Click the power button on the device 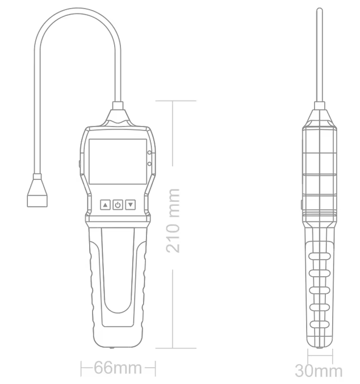[x=118, y=204]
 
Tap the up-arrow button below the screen [x=105, y=204]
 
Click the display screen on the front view [x=117, y=161]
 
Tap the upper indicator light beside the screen [x=149, y=153]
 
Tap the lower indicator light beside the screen [x=149, y=164]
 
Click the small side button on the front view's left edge [x=78, y=165]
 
